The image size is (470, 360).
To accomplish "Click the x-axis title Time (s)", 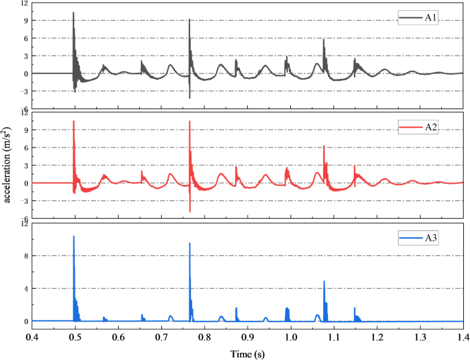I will tap(248, 352).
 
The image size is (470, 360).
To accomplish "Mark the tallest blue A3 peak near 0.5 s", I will tap(73, 237).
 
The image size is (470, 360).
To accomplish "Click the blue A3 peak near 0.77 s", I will tap(189, 243).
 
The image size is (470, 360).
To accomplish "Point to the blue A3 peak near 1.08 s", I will tap(324, 281).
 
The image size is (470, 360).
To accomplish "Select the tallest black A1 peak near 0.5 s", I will tap(73, 12).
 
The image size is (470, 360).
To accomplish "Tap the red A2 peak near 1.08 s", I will tap(324, 146).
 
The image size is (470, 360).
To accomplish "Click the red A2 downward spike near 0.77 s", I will tap(189, 212).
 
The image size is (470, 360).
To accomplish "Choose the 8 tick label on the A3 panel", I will tap(25, 256).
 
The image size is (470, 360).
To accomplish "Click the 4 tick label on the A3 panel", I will tap(25, 289).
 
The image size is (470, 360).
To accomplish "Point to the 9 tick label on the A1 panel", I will tap(25, 21).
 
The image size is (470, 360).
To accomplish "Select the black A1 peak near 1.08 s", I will tap(324, 39).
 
